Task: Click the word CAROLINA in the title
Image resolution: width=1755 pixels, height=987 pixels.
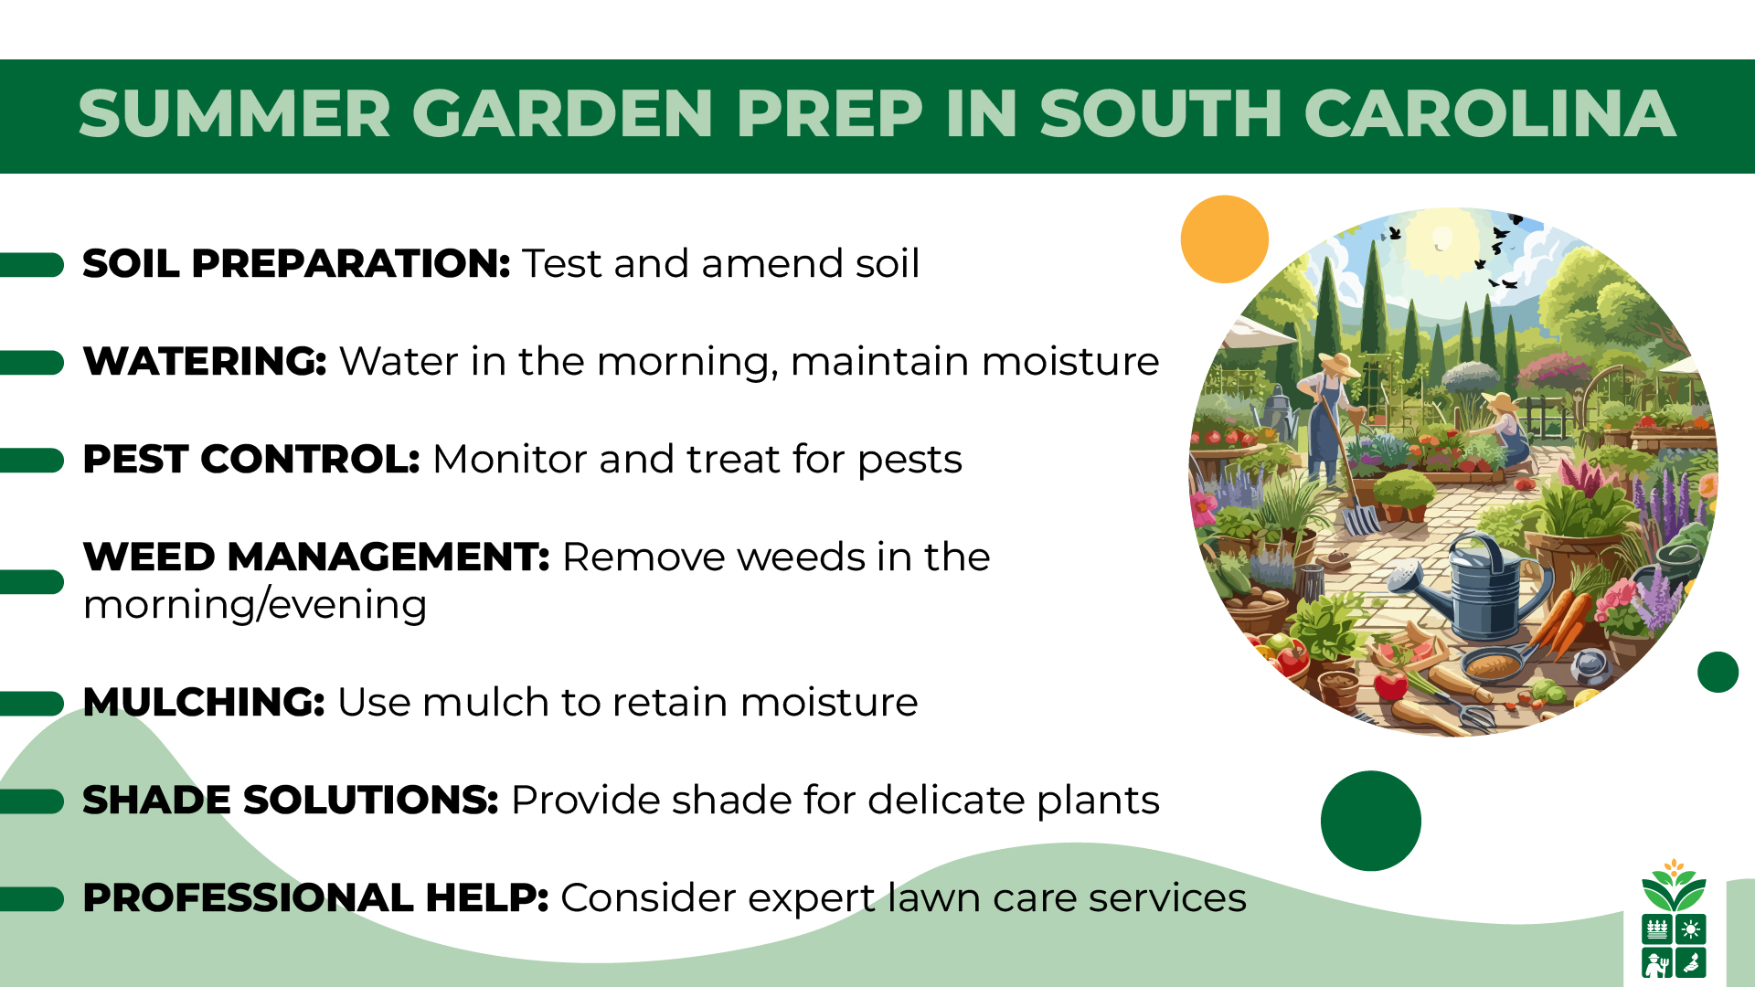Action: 1489,114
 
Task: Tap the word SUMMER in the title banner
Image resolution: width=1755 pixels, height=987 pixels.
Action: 234,114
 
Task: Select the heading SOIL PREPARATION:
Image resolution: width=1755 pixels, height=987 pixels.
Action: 296,263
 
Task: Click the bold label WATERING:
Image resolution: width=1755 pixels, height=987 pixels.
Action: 205,361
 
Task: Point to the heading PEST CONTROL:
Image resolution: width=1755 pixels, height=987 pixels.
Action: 250,459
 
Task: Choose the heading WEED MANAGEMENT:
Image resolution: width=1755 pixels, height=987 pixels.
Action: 316,557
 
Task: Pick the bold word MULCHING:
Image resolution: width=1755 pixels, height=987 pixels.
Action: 204,702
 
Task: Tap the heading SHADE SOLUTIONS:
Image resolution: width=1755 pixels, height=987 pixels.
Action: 290,800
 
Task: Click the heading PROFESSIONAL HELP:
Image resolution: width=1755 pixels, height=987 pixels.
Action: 315,897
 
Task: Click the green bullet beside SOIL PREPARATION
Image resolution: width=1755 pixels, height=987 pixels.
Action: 33,264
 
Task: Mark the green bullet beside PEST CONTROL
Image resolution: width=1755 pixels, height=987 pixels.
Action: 33,460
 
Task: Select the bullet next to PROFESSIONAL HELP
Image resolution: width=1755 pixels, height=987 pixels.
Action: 33,898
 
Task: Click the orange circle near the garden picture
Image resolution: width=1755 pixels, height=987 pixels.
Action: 1224,239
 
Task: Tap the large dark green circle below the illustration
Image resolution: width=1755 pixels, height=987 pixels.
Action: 1370,821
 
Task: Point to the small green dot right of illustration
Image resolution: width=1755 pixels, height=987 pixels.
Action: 1718,672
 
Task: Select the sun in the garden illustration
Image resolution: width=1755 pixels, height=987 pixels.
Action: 1441,239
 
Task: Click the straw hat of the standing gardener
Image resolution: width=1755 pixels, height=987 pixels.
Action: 1336,364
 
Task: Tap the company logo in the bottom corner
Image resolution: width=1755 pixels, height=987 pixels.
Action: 1674,919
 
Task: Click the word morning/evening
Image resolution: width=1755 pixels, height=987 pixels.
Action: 255,605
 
